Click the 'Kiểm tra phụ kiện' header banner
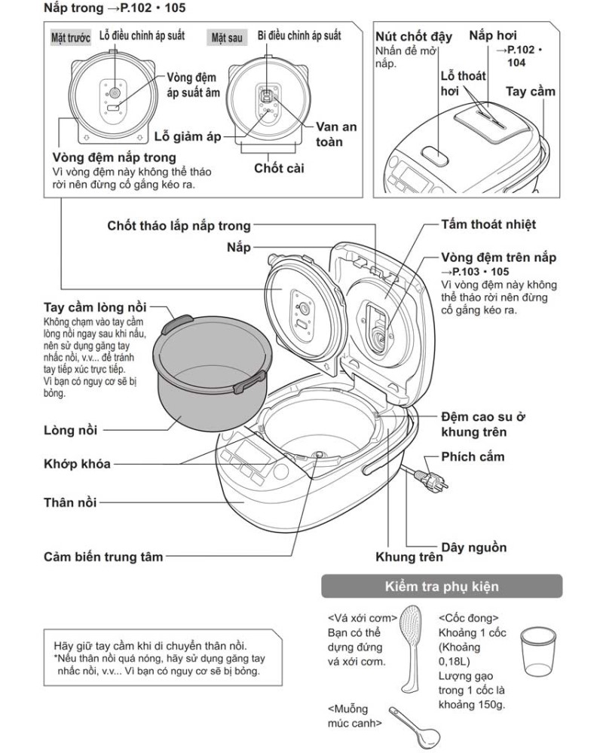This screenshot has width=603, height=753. tap(442, 586)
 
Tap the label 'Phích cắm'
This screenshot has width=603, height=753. tap(473, 457)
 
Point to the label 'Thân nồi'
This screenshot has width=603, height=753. tap(69, 501)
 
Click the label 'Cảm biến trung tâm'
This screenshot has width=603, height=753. tap(103, 557)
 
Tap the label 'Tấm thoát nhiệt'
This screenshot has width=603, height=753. tap(489, 224)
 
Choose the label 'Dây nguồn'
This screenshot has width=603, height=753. tap(473, 547)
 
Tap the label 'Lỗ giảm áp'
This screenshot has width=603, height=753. tap(188, 137)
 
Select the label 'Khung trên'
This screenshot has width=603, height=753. tap(409, 557)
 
